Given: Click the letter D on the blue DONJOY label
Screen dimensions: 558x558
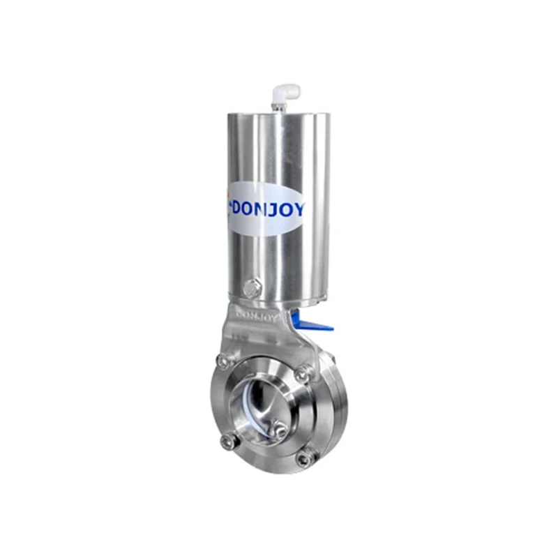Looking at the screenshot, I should point(239,207).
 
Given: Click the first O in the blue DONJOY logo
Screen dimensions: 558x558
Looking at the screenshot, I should point(255,207).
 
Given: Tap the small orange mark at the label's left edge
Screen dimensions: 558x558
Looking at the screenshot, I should point(227,195).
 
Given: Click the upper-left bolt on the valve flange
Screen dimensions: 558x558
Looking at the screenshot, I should point(223,361).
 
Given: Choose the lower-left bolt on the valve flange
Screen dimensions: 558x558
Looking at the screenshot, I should point(227,441).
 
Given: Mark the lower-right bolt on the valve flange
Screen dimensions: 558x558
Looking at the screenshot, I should point(304,458).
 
